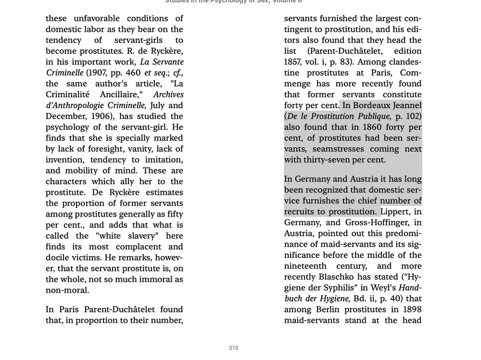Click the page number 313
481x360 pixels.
[x=233, y=348]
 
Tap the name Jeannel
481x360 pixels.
[x=407, y=105]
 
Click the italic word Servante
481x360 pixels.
[x=163, y=62]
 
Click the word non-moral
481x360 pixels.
[x=67, y=290]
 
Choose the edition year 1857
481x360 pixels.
[x=293, y=62]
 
